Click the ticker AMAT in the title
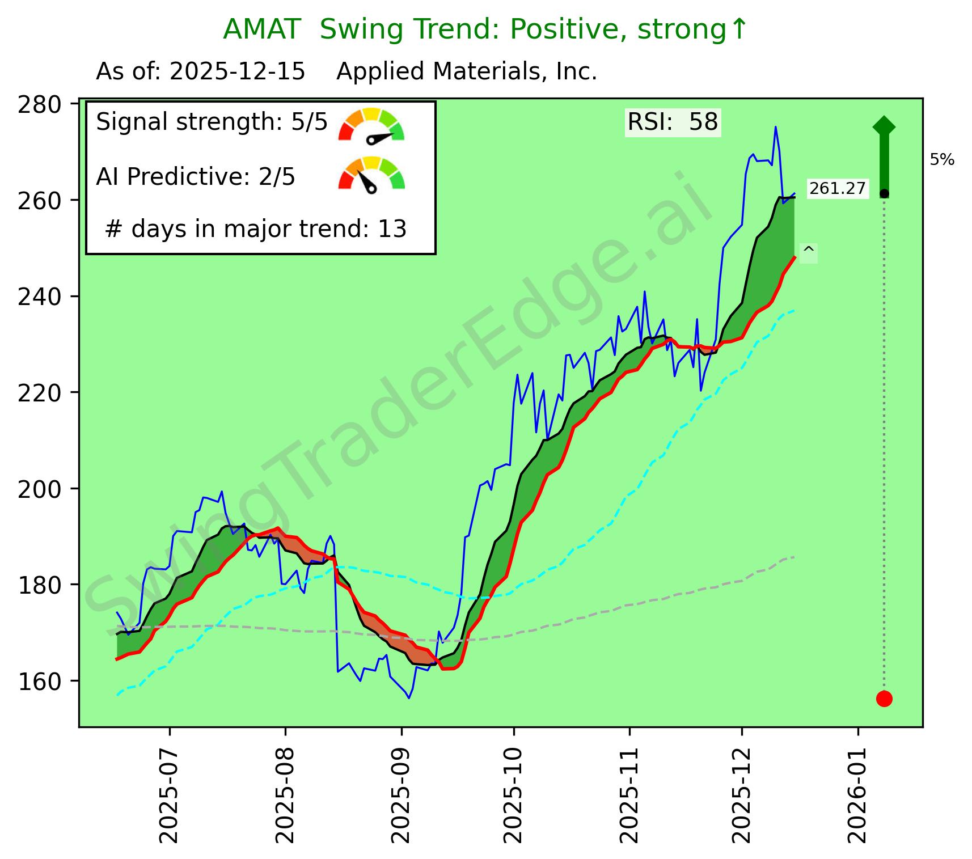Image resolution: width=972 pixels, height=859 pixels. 261,30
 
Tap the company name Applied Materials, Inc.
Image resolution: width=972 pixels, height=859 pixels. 467,72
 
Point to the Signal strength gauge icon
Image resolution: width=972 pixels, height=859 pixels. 371,124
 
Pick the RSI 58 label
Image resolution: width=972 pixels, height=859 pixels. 673,122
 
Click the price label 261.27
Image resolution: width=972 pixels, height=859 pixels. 838,188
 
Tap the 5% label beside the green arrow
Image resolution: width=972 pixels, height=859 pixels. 942,160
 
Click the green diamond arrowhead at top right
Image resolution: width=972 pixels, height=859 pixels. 884,126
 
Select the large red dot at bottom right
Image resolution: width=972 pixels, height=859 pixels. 884,699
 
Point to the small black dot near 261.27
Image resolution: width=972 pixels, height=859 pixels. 884,194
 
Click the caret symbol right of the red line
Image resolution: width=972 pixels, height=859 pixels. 809,251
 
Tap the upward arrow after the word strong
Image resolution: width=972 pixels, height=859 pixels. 738,30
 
